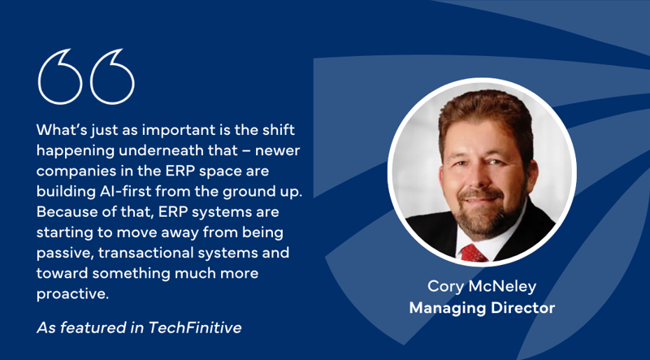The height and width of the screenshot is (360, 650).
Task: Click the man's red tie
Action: point(473,253)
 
